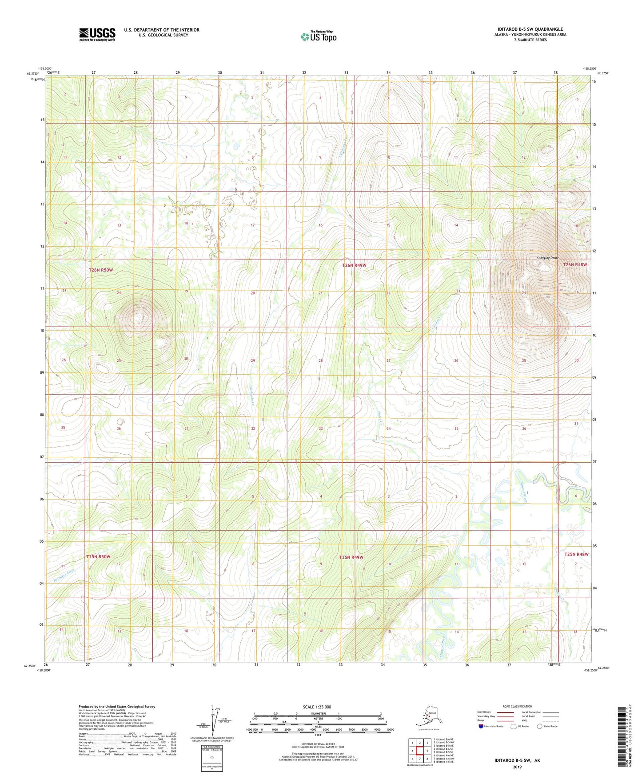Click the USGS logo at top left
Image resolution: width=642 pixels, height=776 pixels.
97,34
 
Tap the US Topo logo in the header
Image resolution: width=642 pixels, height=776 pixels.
319,36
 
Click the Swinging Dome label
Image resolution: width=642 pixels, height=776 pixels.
547,258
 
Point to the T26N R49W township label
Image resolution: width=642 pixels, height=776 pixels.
354,265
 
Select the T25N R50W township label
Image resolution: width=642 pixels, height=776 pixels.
98,556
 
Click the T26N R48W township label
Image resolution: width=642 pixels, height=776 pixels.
575,264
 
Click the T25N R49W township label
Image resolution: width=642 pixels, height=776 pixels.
351,557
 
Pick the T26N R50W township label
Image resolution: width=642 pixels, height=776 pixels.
101,270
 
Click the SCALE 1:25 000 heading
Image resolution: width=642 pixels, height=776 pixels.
317,707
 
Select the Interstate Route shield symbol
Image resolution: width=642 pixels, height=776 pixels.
481,726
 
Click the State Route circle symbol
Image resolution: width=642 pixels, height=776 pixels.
540,726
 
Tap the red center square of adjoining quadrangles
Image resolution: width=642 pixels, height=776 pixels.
420,751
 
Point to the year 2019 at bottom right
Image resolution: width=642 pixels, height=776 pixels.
517,767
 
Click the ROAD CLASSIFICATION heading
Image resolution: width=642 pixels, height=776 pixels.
517,706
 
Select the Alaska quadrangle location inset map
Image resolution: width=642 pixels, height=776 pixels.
428,719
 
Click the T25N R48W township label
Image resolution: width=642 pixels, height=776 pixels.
576,554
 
